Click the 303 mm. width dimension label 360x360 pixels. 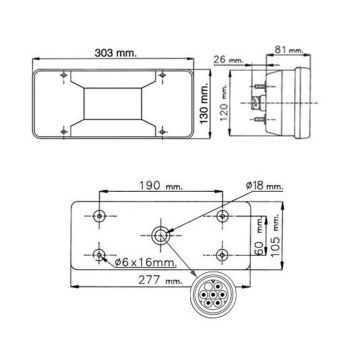coord(115,53)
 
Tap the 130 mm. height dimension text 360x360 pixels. coord(204,103)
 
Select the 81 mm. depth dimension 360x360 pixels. coord(289,49)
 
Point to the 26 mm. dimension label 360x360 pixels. coord(228,60)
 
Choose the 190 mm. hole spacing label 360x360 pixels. coord(162,186)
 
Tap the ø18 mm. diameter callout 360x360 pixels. coord(265,186)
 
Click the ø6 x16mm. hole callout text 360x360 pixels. coord(145,262)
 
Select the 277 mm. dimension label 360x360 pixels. coord(160,280)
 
